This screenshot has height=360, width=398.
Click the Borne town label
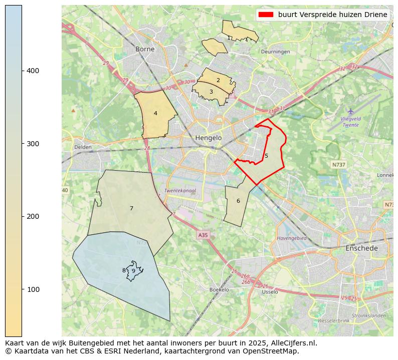(x=145, y=49)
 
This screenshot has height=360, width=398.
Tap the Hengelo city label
(x=209, y=138)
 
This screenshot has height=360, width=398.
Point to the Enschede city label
(x=361, y=248)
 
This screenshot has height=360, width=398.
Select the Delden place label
(x=83, y=147)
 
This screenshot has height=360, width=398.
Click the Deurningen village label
(x=275, y=52)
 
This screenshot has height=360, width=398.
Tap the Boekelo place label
(x=219, y=289)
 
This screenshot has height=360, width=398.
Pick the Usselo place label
(x=270, y=292)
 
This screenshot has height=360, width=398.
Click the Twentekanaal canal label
(x=180, y=191)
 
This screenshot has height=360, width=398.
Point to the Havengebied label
(x=292, y=238)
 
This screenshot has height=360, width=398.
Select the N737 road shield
(x=339, y=164)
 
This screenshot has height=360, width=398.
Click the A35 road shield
(x=203, y=235)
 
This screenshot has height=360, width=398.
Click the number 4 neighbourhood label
(x=155, y=114)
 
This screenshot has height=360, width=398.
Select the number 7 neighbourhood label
(x=131, y=208)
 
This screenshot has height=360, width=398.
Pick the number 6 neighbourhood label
(x=238, y=201)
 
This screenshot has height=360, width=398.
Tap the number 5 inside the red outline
(x=266, y=156)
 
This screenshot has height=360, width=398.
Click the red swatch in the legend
(x=266, y=15)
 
